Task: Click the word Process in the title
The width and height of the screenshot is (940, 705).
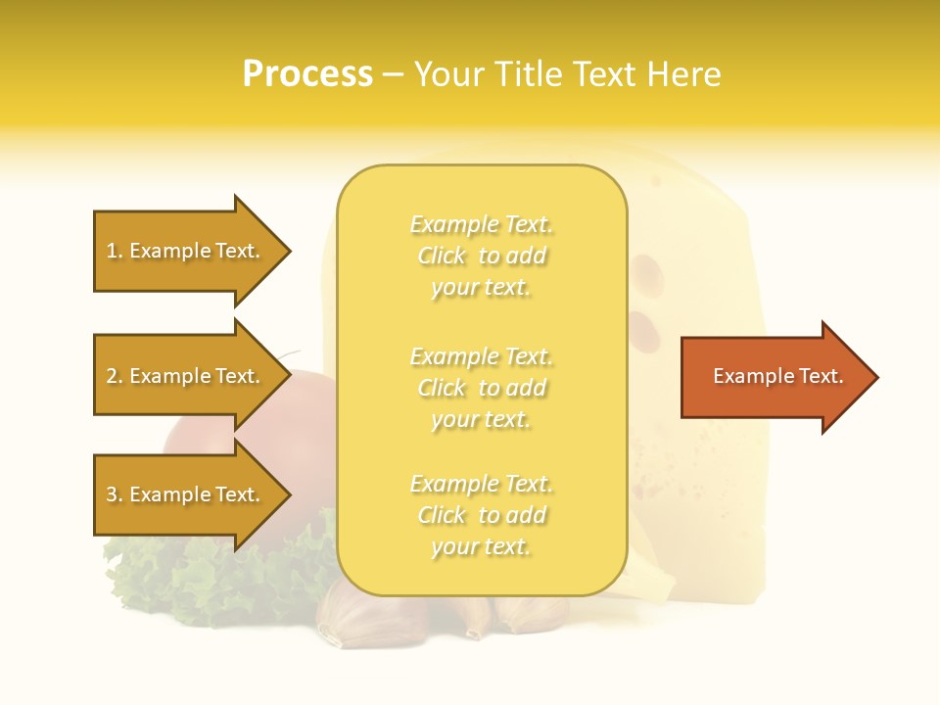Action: [307, 74]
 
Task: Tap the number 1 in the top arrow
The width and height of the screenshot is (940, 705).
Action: [112, 252]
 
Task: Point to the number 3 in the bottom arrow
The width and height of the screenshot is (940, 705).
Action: [112, 495]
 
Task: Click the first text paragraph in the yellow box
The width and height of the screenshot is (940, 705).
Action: [481, 256]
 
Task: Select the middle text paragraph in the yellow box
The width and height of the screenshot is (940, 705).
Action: [481, 388]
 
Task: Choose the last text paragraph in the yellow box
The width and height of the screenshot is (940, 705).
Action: [481, 515]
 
